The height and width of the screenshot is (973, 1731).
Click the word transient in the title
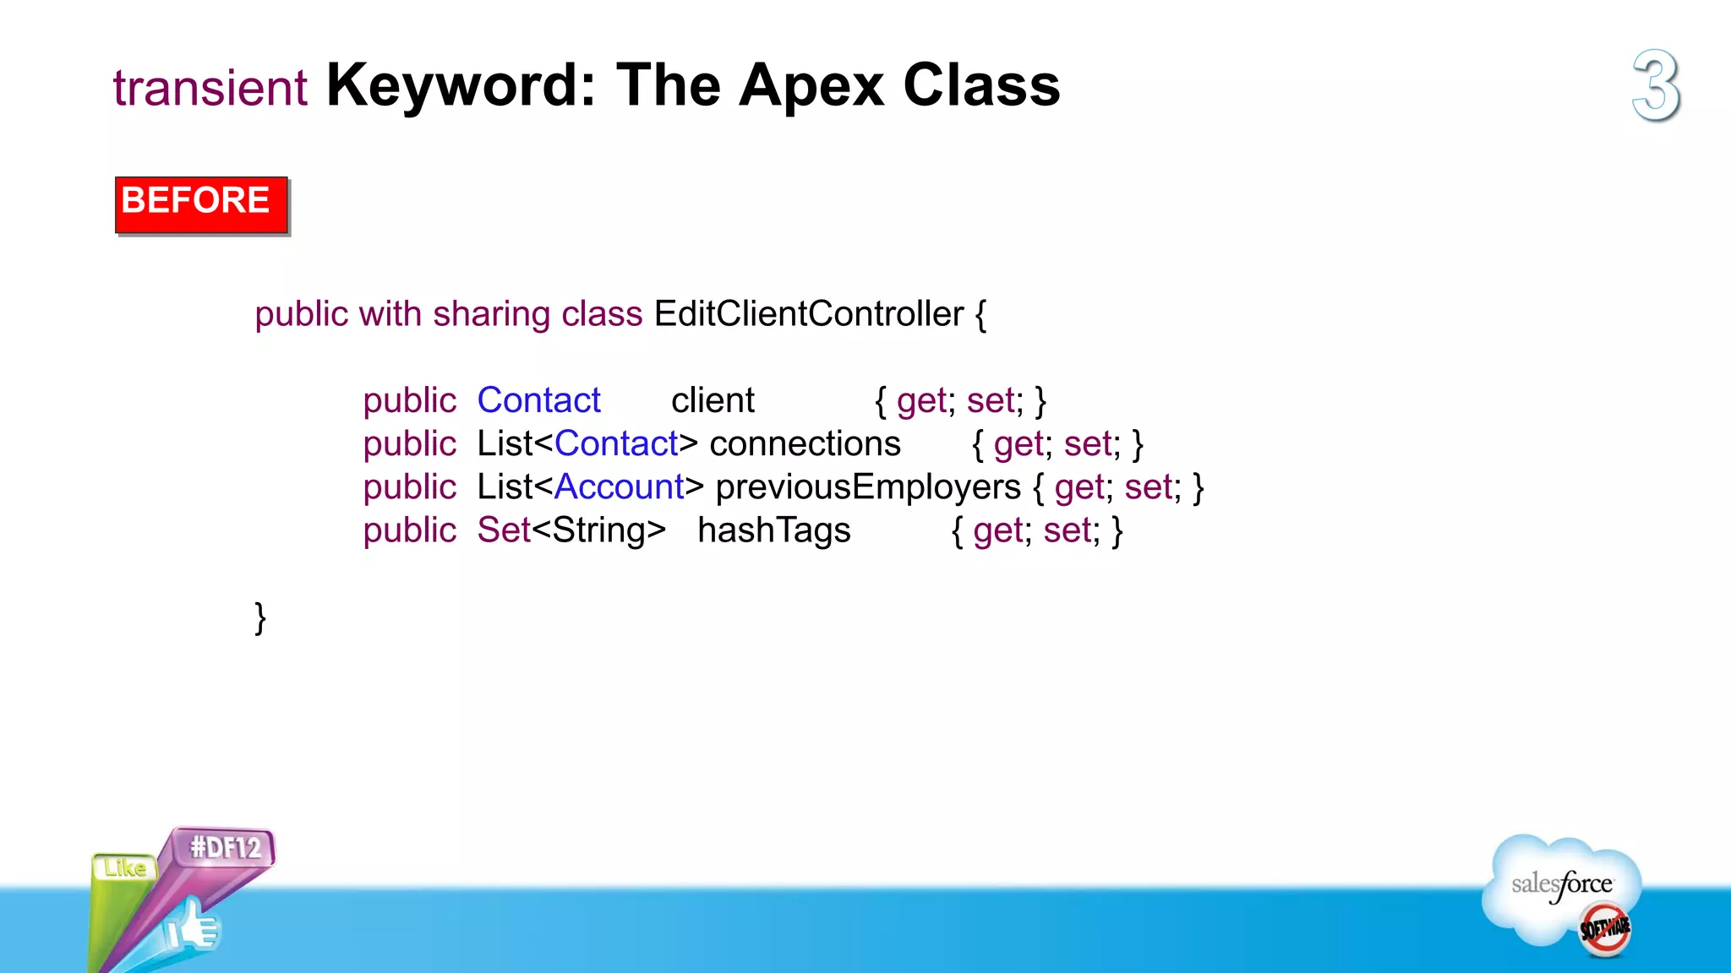pos(210,88)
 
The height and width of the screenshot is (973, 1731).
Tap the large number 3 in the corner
pos(1656,85)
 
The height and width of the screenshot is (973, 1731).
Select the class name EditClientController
pos(808,314)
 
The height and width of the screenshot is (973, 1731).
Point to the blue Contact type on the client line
pos(538,400)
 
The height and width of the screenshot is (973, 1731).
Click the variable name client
pos(713,400)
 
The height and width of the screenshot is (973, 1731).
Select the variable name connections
pos(805,444)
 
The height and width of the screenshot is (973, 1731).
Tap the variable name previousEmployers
pos(868,487)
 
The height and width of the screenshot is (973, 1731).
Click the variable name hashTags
pos(773,530)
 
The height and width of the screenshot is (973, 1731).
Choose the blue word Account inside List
pos(619,487)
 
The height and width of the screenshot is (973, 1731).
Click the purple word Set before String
pos(504,530)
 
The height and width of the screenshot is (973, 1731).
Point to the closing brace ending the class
pos(260,617)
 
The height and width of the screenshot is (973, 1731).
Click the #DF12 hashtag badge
pos(225,846)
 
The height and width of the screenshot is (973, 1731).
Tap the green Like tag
pos(124,868)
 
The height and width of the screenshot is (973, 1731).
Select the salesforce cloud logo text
pos(1561,885)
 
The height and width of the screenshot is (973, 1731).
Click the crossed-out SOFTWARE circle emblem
pos(1604,929)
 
